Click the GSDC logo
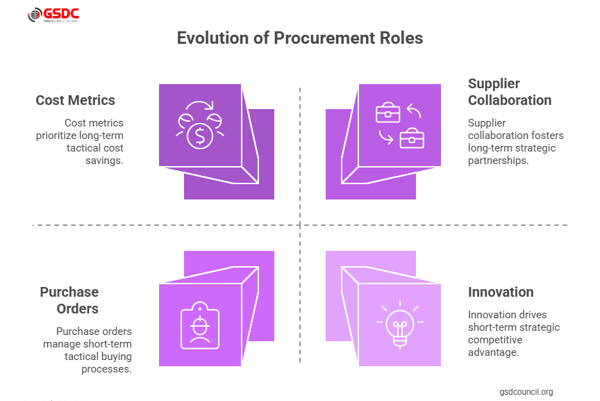click(x=53, y=15)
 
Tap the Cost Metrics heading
click(x=75, y=100)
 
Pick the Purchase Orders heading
click(x=69, y=300)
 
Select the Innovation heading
click(x=501, y=292)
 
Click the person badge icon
click(x=201, y=325)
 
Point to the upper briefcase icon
click(x=387, y=113)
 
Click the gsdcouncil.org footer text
click(x=526, y=392)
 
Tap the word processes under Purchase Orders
click(x=108, y=369)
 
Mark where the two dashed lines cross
click(x=300, y=225)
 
